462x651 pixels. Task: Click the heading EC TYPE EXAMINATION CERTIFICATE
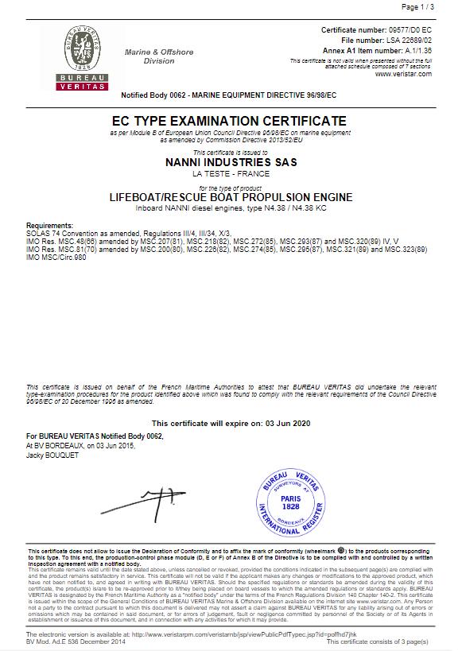click(230, 121)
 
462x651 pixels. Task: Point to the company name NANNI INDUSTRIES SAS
click(230, 162)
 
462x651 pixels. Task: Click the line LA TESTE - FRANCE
click(230, 173)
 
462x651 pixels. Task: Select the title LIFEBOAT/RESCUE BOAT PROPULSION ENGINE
click(230, 196)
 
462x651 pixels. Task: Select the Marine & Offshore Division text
click(159, 56)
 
